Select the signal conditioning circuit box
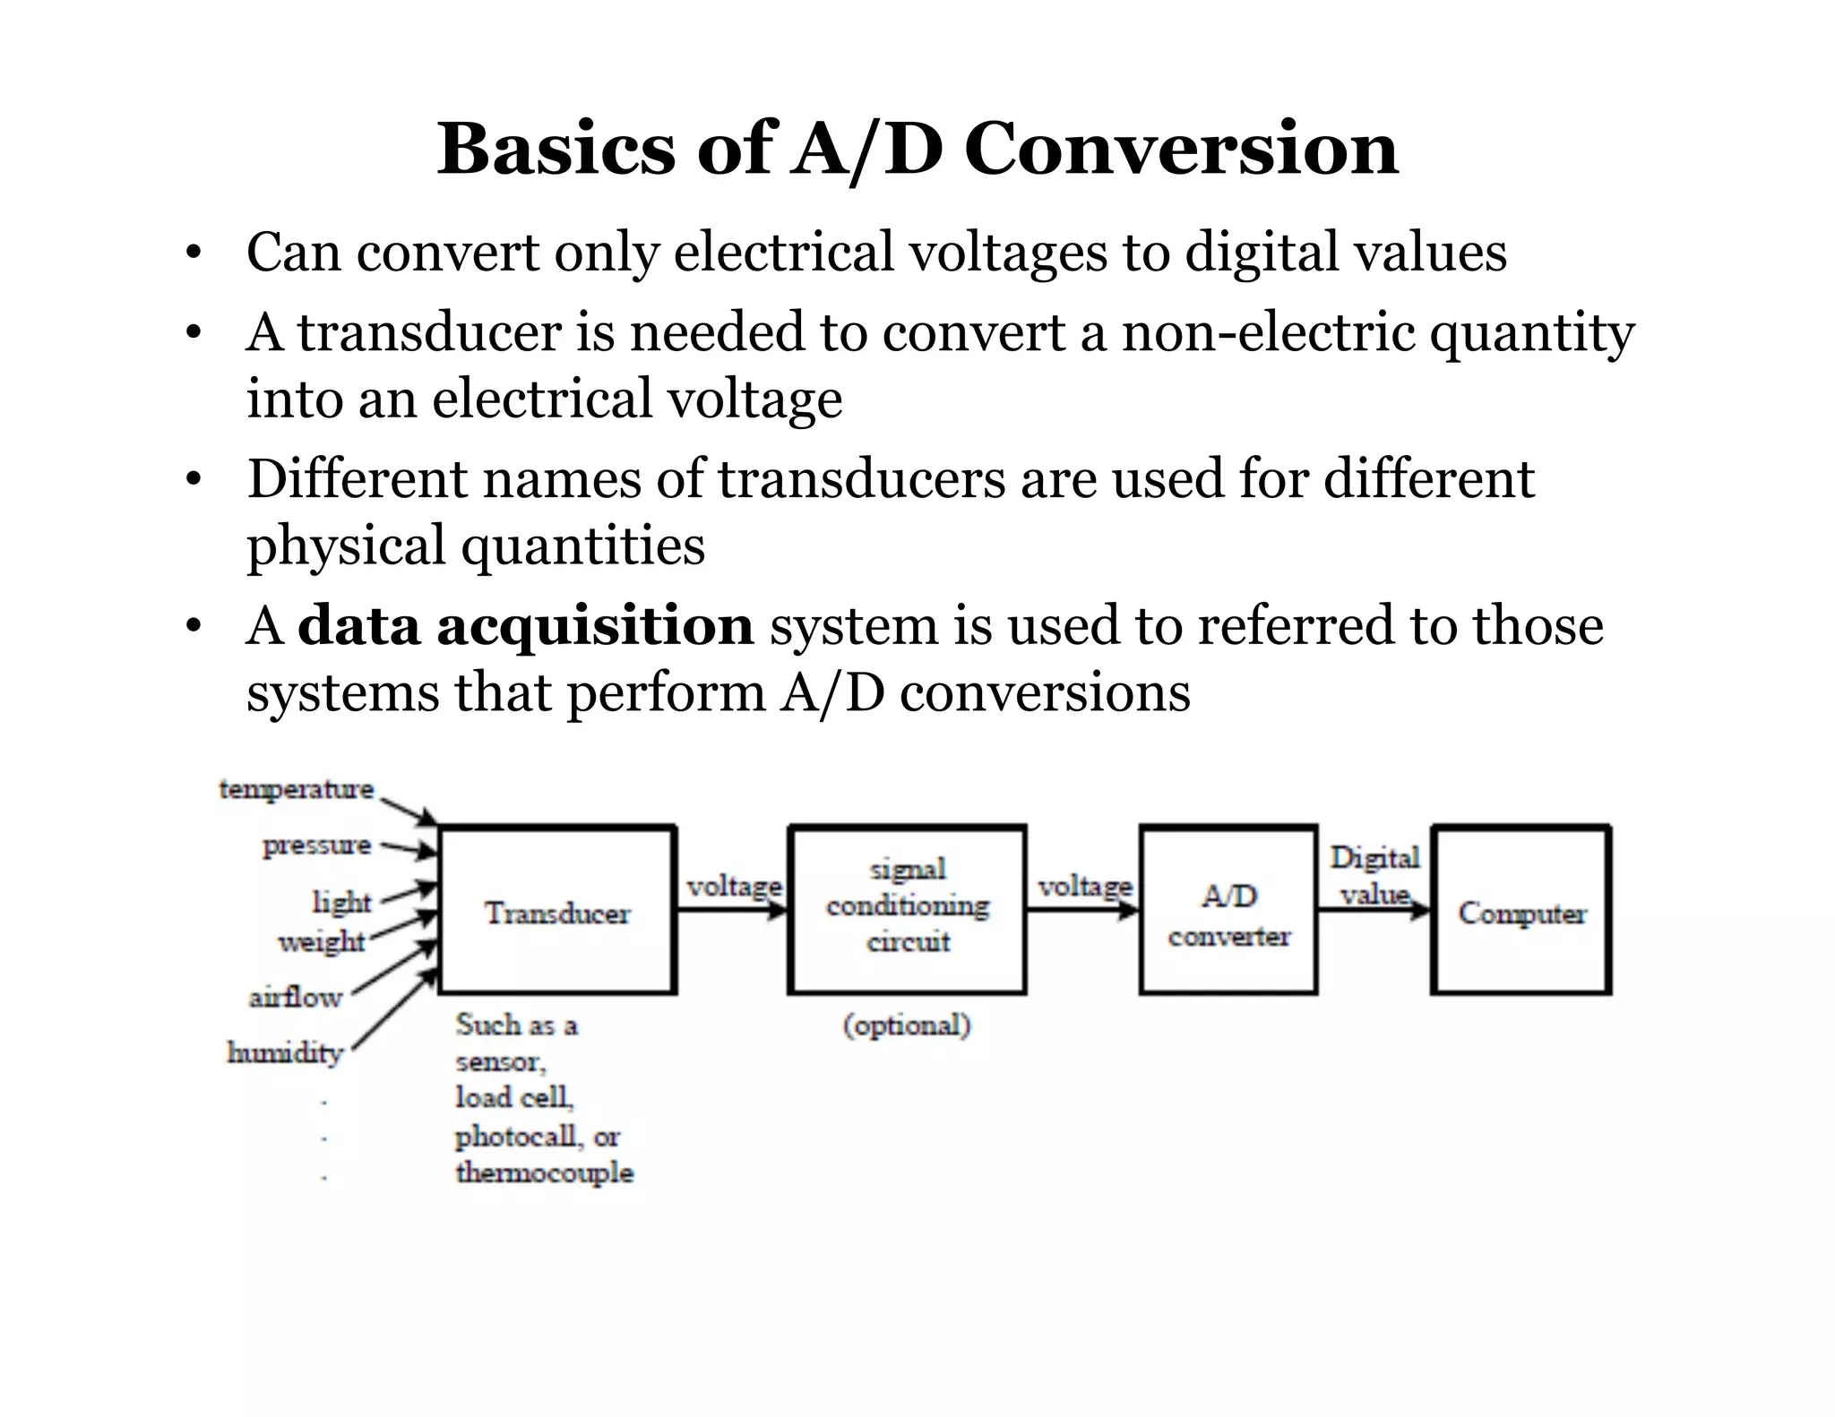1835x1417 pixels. tap(908, 906)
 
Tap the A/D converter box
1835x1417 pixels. tap(1228, 912)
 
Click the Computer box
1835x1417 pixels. tap(1521, 912)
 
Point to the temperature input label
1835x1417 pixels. tap(296, 789)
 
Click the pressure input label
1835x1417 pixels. tap(316, 846)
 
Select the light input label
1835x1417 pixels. tap(341, 901)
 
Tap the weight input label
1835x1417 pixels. tap(322, 941)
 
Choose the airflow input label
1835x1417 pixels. tap(296, 997)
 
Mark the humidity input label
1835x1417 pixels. tap(286, 1052)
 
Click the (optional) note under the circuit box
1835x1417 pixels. tap(907, 1025)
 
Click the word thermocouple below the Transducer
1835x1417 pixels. tap(544, 1172)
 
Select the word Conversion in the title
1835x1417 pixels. tap(1181, 149)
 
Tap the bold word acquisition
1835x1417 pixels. tap(595, 625)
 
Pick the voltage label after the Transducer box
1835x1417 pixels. tap(734, 887)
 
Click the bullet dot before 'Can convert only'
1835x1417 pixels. tap(191, 254)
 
